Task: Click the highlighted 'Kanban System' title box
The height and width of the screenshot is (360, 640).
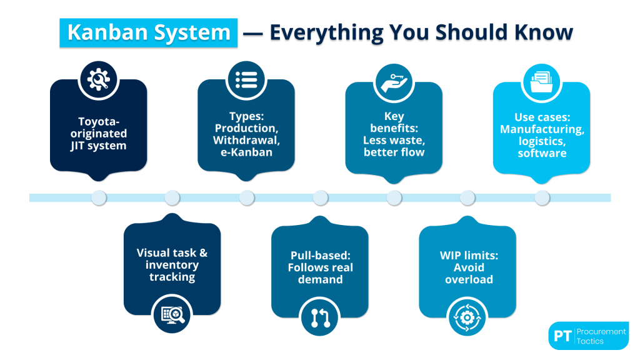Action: click(149, 32)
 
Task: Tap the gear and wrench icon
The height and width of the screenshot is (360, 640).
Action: click(98, 79)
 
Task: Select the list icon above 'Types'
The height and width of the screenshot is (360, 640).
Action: click(246, 79)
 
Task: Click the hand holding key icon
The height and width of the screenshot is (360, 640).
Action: click(394, 79)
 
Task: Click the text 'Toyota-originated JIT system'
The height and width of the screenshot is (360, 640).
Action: click(98, 133)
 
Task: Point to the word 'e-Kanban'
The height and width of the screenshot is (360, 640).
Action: click(246, 151)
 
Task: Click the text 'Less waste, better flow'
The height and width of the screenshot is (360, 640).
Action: click(394, 146)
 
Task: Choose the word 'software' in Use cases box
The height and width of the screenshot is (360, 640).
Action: click(541, 152)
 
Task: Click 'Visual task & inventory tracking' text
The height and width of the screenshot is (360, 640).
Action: click(172, 264)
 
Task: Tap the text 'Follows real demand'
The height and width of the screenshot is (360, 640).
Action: click(320, 273)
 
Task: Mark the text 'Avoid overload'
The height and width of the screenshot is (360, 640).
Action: click(467, 273)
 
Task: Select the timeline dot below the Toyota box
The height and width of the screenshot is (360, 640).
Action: click(98, 197)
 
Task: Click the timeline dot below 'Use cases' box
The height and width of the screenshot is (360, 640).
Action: click(541, 197)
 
